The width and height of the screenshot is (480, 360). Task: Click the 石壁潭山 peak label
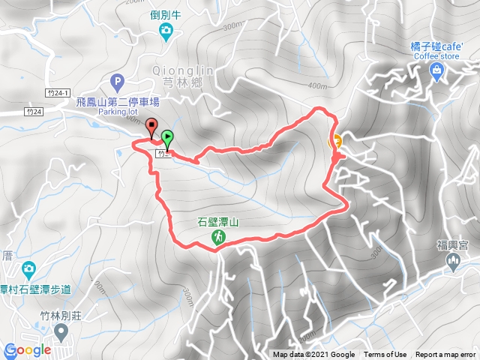click(x=217, y=222)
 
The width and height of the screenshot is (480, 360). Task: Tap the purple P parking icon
click(x=116, y=80)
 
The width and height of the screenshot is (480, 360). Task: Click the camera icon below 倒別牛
click(x=166, y=30)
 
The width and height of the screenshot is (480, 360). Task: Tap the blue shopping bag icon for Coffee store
click(x=436, y=70)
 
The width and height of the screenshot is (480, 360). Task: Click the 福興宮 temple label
click(x=453, y=244)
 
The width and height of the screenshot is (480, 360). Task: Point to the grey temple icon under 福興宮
click(x=453, y=260)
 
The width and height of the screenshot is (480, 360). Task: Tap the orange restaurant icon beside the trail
click(x=337, y=140)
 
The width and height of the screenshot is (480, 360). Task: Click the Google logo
click(x=28, y=350)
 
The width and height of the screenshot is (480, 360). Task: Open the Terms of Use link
click(x=385, y=355)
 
